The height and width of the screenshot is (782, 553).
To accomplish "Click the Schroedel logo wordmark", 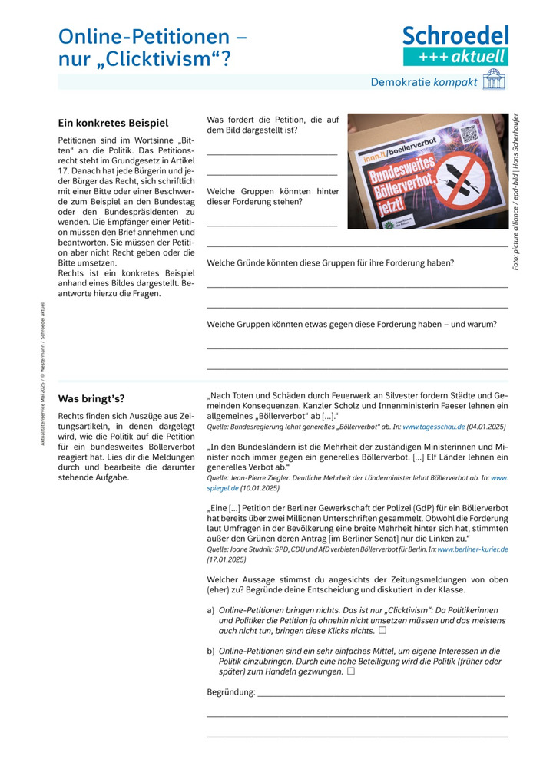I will click(x=455, y=35).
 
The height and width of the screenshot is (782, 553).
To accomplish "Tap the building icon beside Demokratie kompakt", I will click(x=494, y=81).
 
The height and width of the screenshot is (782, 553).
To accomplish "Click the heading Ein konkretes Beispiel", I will click(x=113, y=123).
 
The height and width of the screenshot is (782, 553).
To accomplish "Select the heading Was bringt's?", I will click(x=91, y=398).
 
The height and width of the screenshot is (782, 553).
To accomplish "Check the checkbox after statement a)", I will click(x=382, y=630).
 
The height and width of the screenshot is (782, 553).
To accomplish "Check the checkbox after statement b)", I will click(x=350, y=671).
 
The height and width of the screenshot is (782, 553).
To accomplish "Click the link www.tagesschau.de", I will click(x=432, y=427).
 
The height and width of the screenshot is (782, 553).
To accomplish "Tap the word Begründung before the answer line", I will click(x=230, y=692).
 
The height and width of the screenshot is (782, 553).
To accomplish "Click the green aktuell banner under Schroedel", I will click(x=455, y=56).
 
